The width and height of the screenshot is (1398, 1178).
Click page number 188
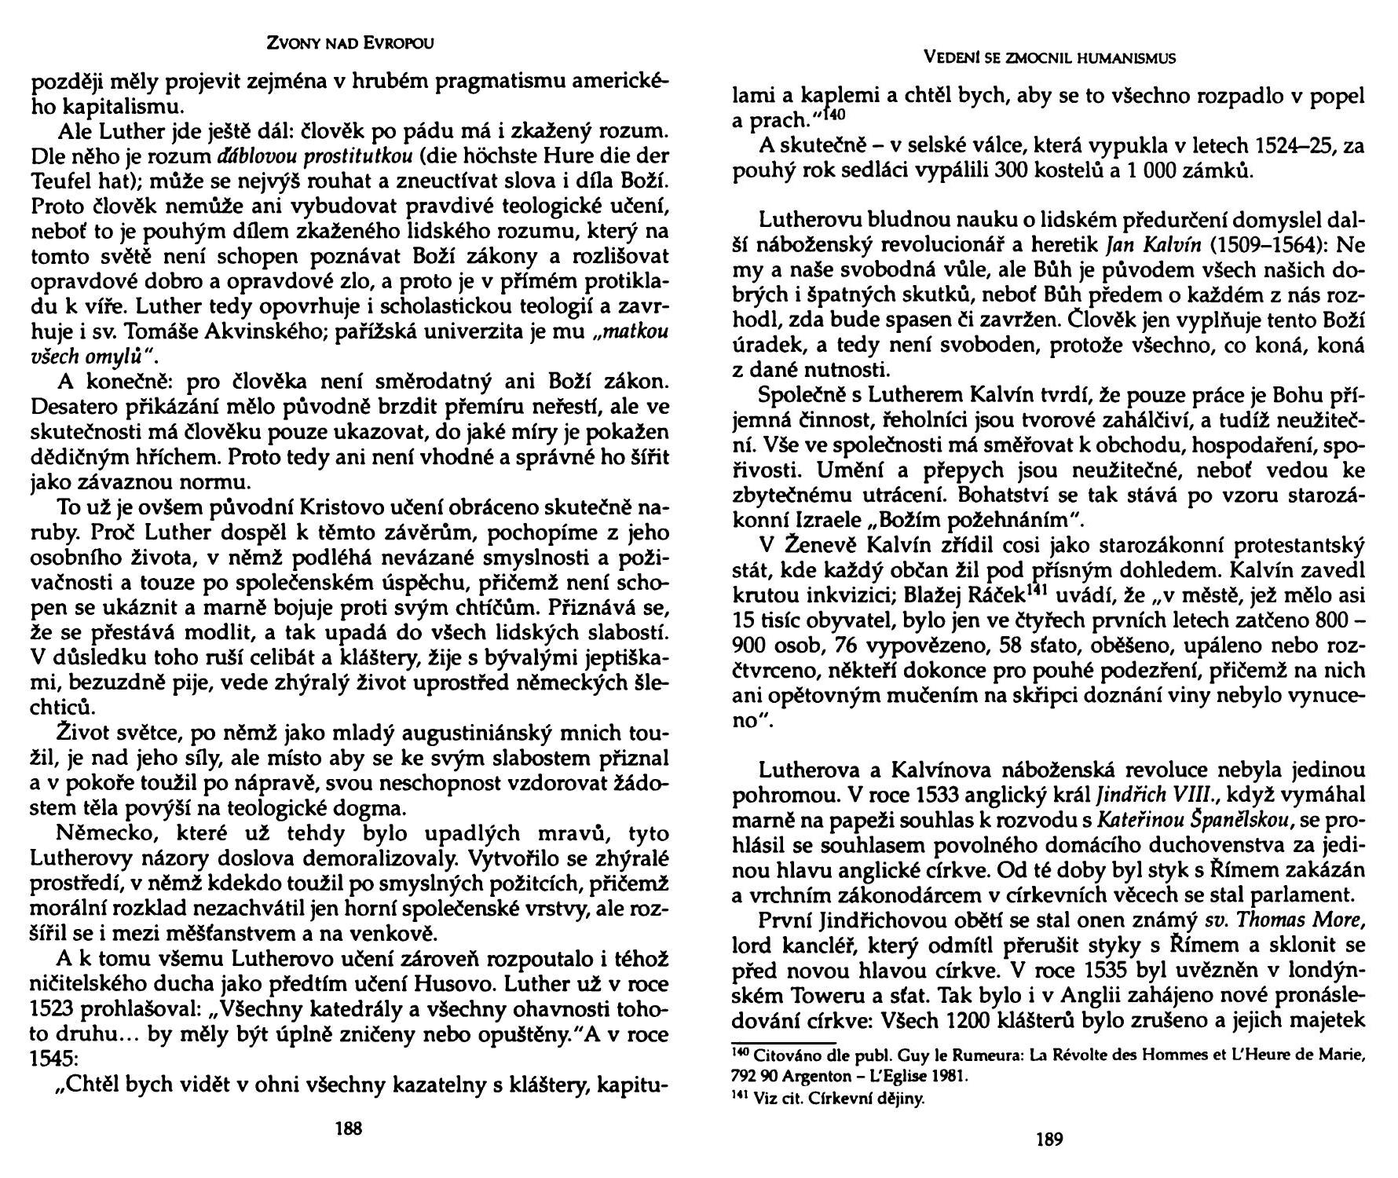pyautogui.click(x=348, y=1129)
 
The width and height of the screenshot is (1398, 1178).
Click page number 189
pyautogui.click(x=1049, y=1140)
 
